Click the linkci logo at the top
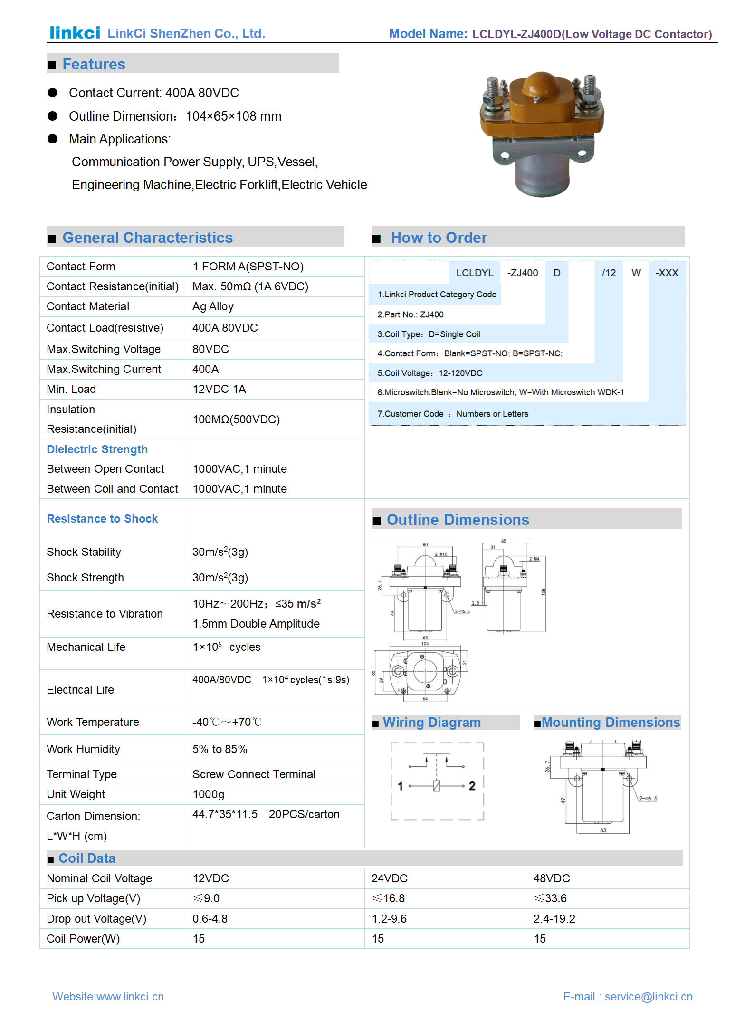[75, 33]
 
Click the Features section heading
[94, 64]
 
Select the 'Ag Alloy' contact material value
[213, 307]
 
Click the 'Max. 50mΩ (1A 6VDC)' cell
[250, 286]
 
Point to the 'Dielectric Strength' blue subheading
[97, 449]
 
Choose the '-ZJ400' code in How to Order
[522, 273]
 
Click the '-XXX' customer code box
[667, 273]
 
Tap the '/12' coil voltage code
[609, 273]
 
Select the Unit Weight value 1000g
[208, 794]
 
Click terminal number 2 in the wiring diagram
[472, 786]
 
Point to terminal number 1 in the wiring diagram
[400, 786]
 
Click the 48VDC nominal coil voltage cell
[551, 878]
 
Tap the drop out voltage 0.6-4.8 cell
[210, 919]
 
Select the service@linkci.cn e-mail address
[649, 997]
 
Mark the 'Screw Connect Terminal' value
[254, 774]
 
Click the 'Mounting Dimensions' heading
[611, 723]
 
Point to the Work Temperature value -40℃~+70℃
[227, 722]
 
